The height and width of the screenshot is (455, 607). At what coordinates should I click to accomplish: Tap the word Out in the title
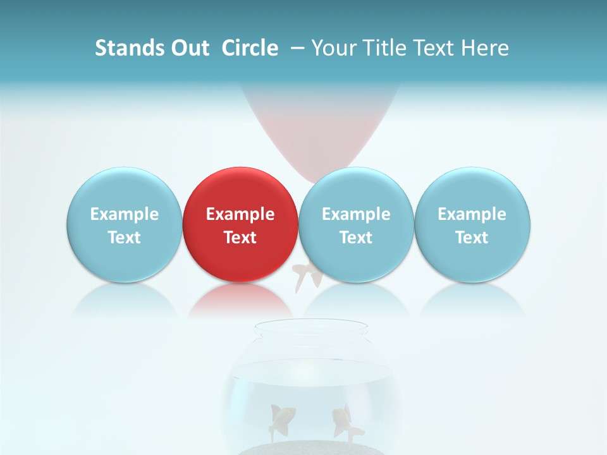pyautogui.click(x=188, y=48)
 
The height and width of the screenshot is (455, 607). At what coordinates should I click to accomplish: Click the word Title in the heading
pyautogui.click(x=385, y=48)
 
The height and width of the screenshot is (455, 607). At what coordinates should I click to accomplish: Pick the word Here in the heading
pyautogui.click(x=485, y=48)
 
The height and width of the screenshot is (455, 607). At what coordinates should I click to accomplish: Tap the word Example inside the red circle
pyautogui.click(x=240, y=214)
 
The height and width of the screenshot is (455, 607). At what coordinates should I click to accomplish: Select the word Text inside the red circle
pyautogui.click(x=240, y=238)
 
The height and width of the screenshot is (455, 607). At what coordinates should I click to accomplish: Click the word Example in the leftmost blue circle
pyautogui.click(x=124, y=214)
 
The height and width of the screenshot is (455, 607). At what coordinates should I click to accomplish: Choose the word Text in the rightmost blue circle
pyautogui.click(x=472, y=238)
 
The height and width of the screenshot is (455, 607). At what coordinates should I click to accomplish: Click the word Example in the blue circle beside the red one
pyautogui.click(x=356, y=214)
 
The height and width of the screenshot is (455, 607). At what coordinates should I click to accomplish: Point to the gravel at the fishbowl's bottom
pyautogui.click(x=310, y=448)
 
